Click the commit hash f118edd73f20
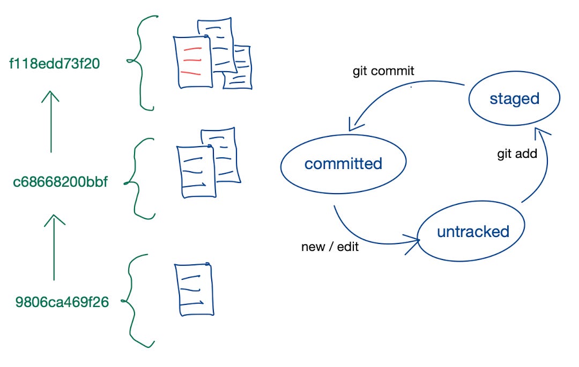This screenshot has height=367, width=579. pos(55,64)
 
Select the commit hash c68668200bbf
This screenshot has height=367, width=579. pos(60,182)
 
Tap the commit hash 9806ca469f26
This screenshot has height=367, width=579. pos(62,302)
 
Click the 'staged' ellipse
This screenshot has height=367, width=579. pos(514,99)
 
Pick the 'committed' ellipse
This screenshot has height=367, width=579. pos(343,164)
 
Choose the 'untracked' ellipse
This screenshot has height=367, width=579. pos(472,232)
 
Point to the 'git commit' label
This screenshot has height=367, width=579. pos(383,71)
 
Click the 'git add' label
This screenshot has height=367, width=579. pos(517,155)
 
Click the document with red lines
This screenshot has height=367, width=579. pos(191,61)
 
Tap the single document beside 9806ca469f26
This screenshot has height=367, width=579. pos(194,289)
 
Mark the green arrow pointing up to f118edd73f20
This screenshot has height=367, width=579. pos(50,121)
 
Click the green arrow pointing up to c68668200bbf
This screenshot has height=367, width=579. pos(53,247)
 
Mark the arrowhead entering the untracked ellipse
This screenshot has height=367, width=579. pos(414,242)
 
